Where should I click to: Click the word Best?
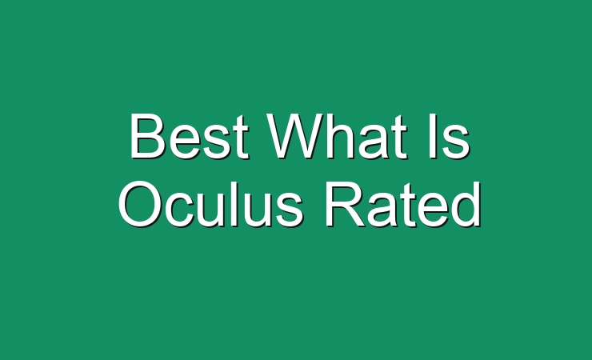[x=189, y=136]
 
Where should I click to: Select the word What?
[x=338, y=136]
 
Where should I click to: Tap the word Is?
[x=450, y=136]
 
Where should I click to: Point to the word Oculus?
[x=211, y=204]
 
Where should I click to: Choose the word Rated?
[x=403, y=204]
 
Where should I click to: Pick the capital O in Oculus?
[x=141, y=204]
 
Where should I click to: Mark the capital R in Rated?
[x=346, y=204]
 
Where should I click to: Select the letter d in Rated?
[x=466, y=204]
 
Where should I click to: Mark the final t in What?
[x=400, y=138]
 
